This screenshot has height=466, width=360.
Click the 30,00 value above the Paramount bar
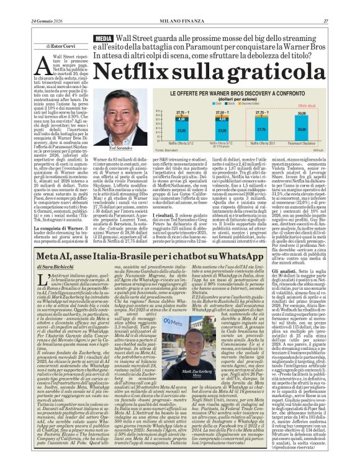(x=318, y=114)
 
